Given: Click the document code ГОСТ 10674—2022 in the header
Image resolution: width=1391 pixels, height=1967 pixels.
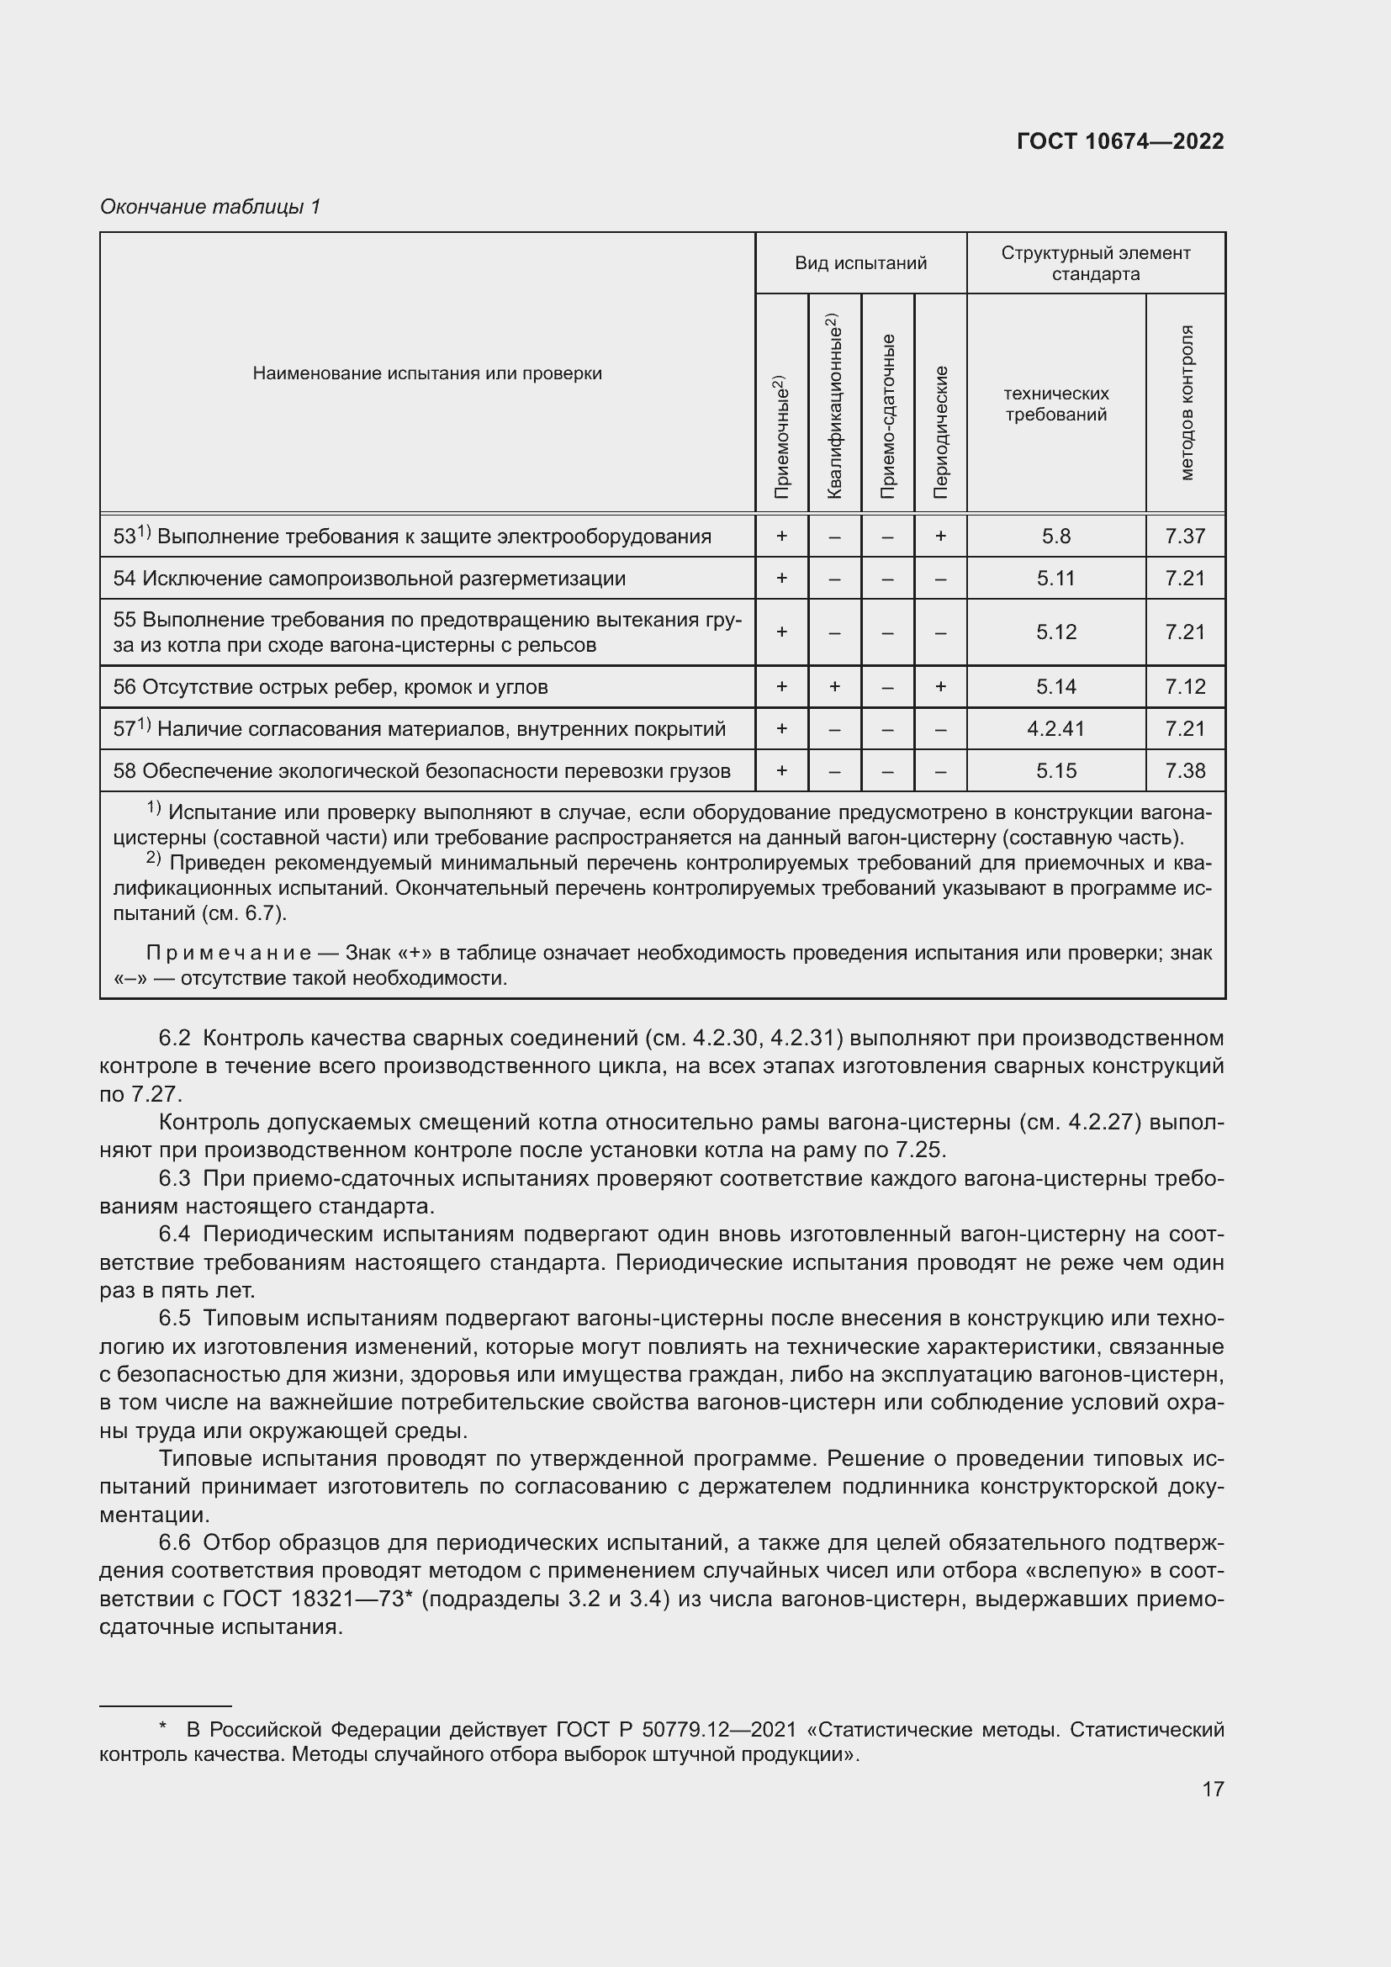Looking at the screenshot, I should [x=1119, y=141].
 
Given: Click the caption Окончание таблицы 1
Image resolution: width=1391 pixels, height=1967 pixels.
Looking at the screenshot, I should [x=210, y=207].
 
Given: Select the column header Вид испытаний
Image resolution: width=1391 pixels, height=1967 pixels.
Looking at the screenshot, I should [x=860, y=263].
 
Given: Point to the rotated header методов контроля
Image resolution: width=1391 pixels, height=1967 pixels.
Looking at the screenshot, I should [x=1186, y=403].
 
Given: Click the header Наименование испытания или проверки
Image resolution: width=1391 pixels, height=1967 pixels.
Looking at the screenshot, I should [x=426, y=373].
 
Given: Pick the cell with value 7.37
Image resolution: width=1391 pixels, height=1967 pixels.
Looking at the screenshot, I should [x=1185, y=537].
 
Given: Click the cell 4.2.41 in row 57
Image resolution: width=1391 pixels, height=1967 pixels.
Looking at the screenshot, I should [x=1055, y=729].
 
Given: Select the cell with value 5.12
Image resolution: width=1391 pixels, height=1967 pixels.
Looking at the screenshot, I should [x=1055, y=632].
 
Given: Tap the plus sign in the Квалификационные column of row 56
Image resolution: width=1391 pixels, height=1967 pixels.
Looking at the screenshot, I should [x=834, y=687].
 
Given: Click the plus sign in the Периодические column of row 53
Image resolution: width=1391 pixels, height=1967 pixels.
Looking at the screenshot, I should [x=940, y=537].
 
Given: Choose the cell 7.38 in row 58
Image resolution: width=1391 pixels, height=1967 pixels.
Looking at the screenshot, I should [x=1185, y=771].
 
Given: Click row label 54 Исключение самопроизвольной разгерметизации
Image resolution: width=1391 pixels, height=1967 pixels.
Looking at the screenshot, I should [x=369, y=579].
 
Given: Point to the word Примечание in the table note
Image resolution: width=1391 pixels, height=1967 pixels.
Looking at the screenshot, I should [x=230, y=954].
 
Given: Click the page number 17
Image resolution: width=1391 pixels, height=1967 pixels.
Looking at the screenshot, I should [x=1213, y=1789].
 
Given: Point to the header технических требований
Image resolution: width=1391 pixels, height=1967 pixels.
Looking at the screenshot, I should [x=1055, y=405].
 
